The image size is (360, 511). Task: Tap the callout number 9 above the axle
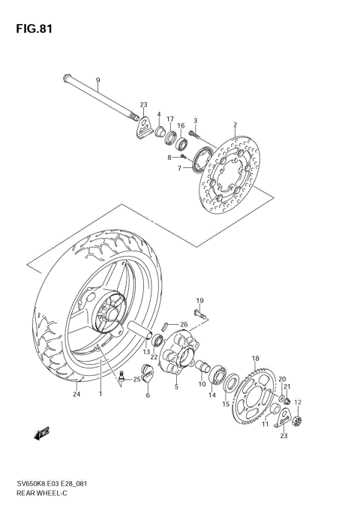point(97,80)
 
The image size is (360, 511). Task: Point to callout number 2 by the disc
point(235,125)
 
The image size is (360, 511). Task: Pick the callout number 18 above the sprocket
point(255,359)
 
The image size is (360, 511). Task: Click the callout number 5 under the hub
point(176,387)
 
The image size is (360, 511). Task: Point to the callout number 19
point(200,300)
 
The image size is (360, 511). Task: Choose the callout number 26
point(184,324)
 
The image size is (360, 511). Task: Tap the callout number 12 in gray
point(297,402)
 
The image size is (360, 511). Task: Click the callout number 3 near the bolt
point(195,121)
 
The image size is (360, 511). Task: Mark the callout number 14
point(212,395)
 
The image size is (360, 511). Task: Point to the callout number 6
point(148,395)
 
